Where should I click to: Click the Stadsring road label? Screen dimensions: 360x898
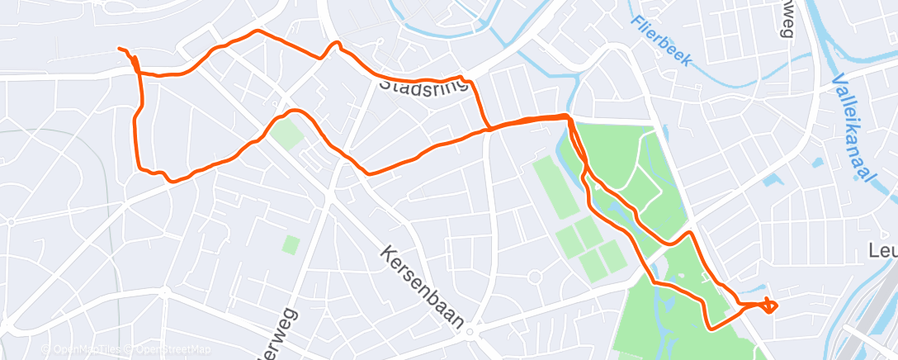[424, 84]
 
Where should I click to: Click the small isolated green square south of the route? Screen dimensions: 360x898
[290, 244]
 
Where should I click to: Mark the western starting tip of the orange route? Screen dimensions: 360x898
[121, 50]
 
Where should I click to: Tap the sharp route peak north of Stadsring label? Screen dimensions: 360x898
[335, 43]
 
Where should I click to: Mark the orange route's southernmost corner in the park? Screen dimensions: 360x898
[710, 327]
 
